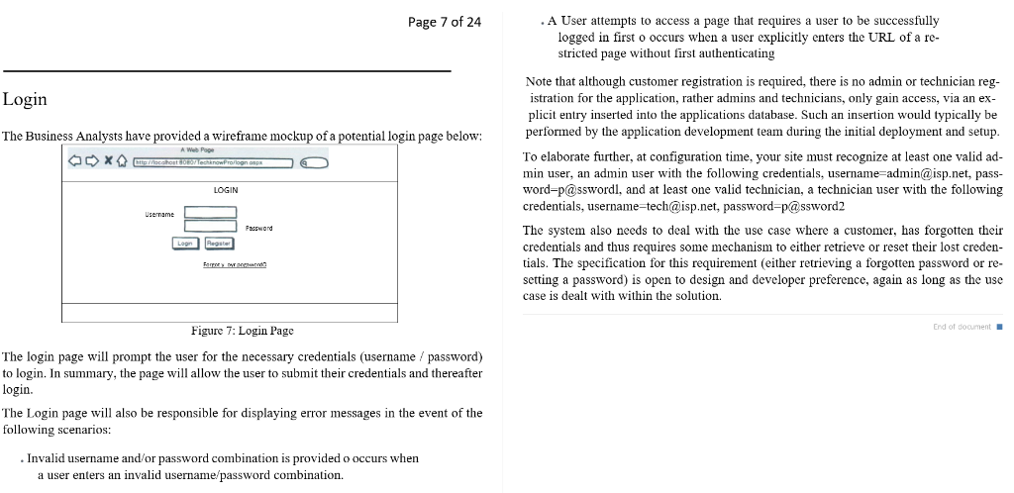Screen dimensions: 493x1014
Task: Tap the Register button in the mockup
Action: click(x=217, y=243)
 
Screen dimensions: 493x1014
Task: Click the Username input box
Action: click(x=210, y=212)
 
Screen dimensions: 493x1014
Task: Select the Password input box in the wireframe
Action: click(x=210, y=227)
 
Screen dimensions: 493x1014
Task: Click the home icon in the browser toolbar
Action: click(x=121, y=160)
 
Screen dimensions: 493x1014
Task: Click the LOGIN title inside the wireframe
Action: click(x=226, y=189)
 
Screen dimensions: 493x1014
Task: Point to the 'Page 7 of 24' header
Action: click(x=445, y=22)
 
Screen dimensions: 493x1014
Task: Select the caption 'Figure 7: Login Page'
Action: click(x=243, y=330)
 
